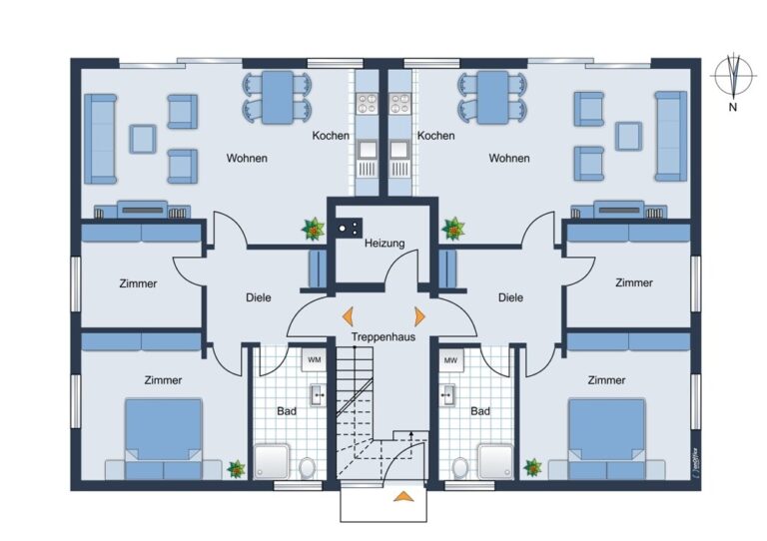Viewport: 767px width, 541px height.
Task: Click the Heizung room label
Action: click(x=384, y=243)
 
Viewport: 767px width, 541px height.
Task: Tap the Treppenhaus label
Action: click(x=383, y=336)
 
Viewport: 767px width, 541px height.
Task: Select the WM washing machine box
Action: click(x=314, y=360)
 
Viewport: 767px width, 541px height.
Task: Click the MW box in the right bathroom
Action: click(x=450, y=360)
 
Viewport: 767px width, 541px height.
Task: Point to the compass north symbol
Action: click(x=733, y=77)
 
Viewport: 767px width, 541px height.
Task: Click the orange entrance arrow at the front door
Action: click(x=403, y=496)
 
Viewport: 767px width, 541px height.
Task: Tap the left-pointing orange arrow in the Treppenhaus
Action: click(x=349, y=316)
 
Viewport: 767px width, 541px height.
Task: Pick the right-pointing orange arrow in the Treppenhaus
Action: click(x=419, y=316)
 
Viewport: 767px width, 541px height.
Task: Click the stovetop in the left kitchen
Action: click(x=367, y=103)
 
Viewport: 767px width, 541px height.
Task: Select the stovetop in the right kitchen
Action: click(x=400, y=103)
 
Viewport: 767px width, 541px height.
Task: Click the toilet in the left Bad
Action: click(x=308, y=468)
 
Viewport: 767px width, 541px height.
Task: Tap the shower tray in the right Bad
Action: click(x=496, y=461)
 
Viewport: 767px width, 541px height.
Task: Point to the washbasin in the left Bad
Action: click(x=318, y=395)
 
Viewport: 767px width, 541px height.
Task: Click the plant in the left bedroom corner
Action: click(x=237, y=469)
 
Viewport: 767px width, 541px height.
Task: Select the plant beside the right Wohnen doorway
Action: click(x=453, y=229)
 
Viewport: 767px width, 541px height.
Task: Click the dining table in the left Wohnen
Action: click(x=278, y=97)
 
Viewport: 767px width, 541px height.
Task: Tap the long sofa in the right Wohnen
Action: click(x=671, y=137)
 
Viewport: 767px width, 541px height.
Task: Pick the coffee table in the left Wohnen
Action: click(x=143, y=139)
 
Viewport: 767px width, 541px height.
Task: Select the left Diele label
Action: click(x=259, y=297)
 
